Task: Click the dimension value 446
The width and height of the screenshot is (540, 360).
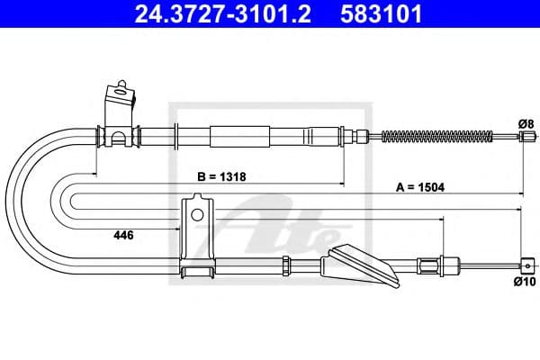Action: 124,235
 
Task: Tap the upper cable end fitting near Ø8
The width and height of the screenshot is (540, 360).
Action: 526,137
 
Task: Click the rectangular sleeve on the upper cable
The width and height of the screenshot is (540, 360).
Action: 239,137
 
